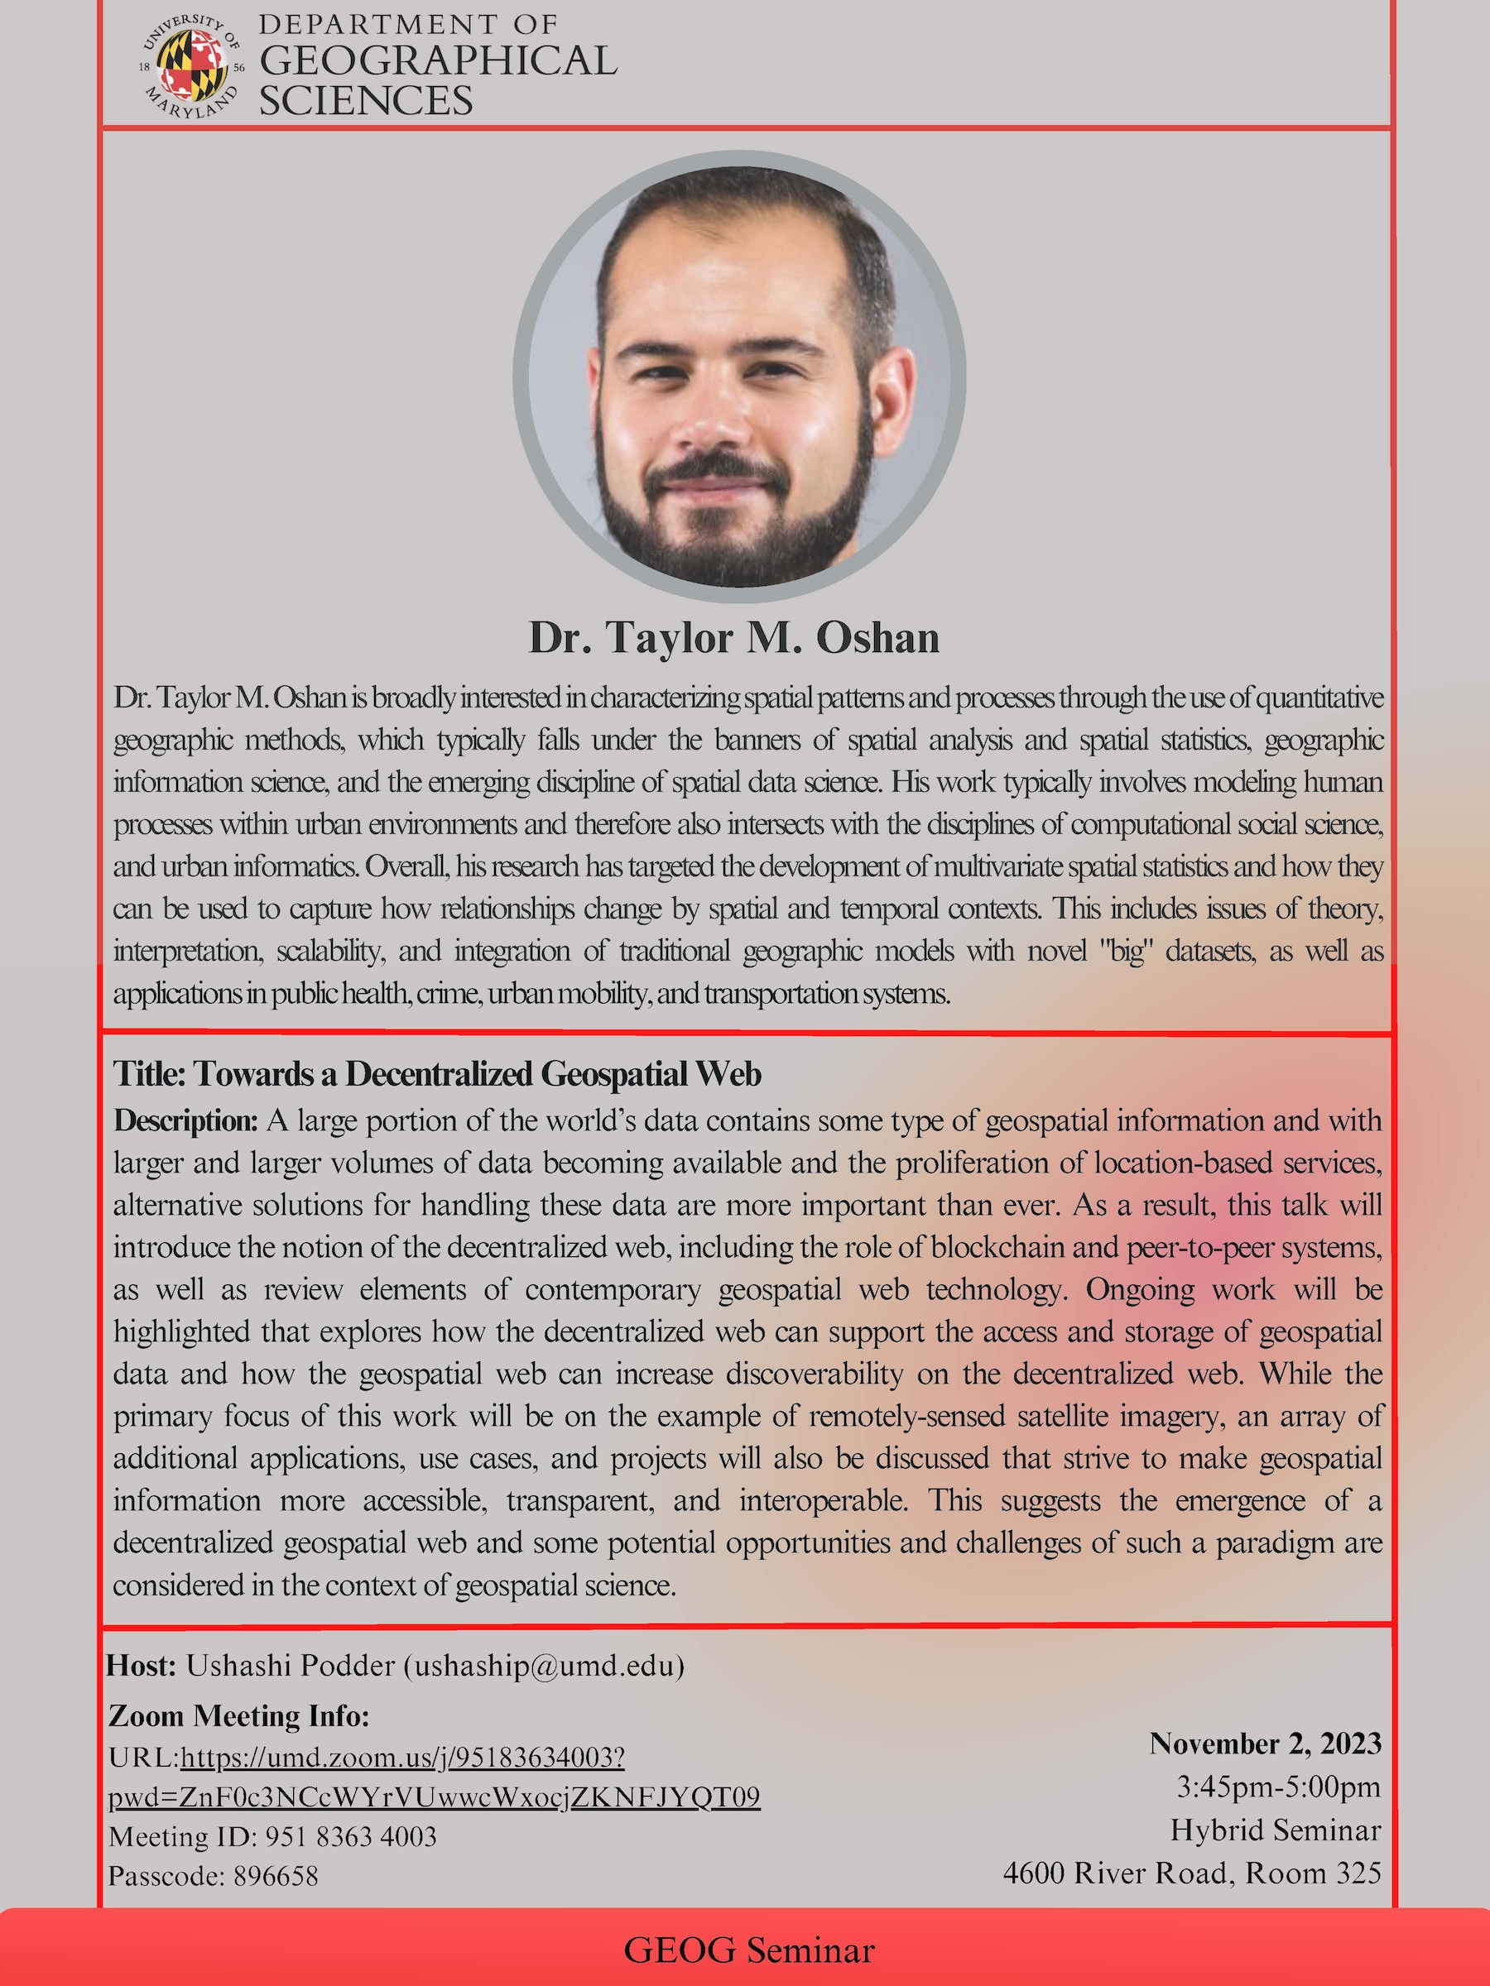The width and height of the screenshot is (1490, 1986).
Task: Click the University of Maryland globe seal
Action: tap(191, 65)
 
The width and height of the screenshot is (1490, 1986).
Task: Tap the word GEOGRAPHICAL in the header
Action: tap(437, 61)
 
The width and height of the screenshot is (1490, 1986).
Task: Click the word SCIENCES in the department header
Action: tap(366, 101)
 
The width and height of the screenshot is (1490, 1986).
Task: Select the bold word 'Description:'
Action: tap(186, 1120)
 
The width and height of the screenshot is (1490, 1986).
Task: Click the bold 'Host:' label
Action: tap(141, 1666)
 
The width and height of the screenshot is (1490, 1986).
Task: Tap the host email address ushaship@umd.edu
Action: tap(543, 1667)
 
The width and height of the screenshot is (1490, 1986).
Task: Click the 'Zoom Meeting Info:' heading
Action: tap(239, 1715)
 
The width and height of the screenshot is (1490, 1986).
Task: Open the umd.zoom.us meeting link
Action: tap(402, 1757)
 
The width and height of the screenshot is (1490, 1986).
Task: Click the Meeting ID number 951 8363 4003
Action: tap(351, 1836)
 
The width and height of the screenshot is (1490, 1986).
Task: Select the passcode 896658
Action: tap(276, 1876)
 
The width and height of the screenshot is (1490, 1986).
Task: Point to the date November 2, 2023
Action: tap(1265, 1744)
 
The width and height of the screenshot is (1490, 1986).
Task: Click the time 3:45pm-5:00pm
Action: tap(1278, 1787)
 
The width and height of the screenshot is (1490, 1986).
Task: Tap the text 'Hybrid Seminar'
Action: tap(1276, 1830)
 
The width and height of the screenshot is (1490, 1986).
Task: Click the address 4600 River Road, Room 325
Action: tap(1192, 1873)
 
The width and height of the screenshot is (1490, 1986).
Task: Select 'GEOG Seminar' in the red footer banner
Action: tap(748, 1951)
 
